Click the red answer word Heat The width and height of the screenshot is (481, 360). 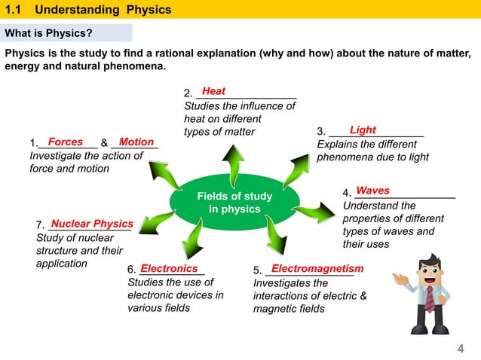(213, 91)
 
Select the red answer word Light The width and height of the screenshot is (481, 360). (363, 130)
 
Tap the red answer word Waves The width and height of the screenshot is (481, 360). (372, 191)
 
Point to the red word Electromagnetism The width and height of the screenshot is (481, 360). (317, 269)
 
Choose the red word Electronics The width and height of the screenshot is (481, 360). (169, 268)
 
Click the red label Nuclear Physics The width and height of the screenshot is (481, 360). (91, 224)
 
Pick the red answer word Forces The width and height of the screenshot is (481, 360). (65, 142)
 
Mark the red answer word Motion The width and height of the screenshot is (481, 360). (136, 142)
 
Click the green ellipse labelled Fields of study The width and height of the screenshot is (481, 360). (234, 203)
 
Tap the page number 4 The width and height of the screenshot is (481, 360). (460, 347)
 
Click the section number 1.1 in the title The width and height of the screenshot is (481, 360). (17, 10)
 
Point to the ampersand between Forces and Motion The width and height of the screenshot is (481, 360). (104, 143)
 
